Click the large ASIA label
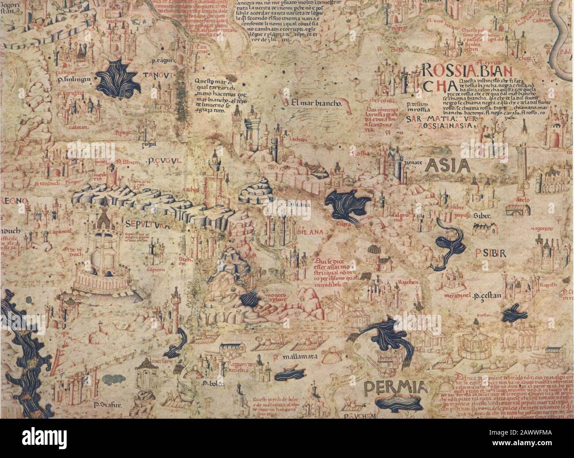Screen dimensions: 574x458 click(446, 167)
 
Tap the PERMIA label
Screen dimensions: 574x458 click(396, 389)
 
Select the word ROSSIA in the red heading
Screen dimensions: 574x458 click(446, 70)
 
